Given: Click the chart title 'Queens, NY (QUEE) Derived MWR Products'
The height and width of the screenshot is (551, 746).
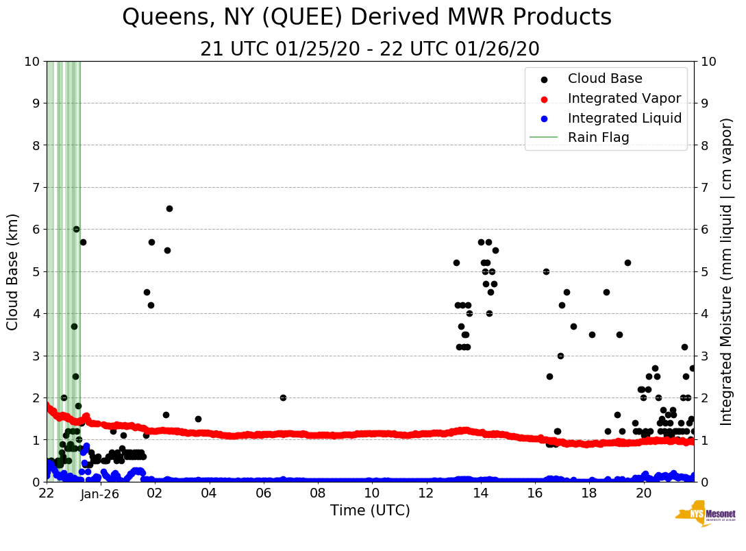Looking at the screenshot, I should point(366,18).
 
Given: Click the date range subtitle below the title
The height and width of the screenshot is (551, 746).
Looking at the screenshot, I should point(370,49).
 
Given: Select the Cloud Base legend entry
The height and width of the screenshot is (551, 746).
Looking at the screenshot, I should point(605,79).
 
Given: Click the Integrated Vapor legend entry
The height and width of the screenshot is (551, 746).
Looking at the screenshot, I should point(624,98).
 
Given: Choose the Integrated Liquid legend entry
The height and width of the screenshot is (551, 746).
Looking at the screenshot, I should point(624,118).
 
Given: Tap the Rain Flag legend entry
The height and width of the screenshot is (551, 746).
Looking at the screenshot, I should point(598,137).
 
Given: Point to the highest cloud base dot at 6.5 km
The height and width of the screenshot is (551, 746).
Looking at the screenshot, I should point(169,208).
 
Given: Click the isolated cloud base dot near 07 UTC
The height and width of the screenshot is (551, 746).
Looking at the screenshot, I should point(283,397).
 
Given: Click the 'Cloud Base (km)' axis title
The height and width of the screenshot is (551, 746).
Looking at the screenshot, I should point(13,271).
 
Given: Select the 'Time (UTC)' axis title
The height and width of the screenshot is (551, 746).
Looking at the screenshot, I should point(370,511).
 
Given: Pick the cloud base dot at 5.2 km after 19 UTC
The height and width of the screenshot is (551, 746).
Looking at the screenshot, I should point(627,262).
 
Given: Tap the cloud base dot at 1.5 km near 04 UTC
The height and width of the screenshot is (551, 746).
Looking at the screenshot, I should point(198,419).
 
